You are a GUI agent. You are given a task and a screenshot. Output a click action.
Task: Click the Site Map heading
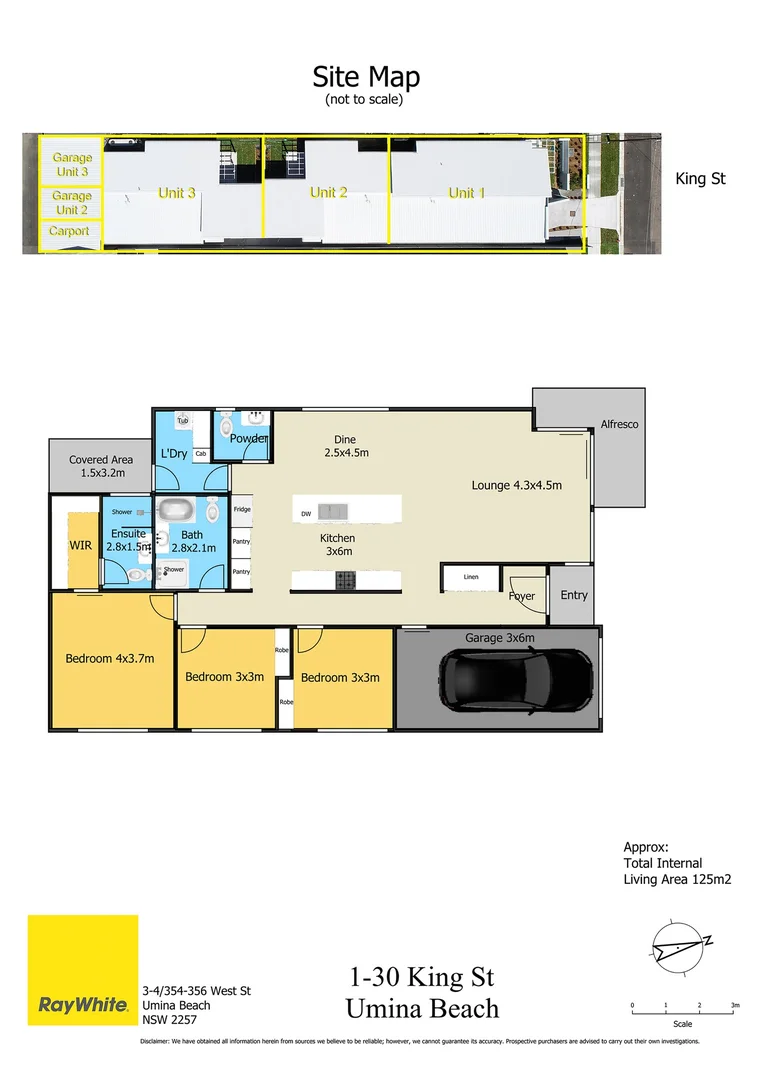pos(366,77)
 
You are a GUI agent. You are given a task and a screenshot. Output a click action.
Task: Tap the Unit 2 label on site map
pos(329,192)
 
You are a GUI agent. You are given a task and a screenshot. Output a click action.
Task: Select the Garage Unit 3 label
pos(72,165)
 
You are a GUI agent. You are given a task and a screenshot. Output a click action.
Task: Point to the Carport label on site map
pos(69,231)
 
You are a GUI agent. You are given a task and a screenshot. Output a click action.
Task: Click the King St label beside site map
pos(700,179)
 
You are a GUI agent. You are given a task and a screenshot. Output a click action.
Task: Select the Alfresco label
pos(619,425)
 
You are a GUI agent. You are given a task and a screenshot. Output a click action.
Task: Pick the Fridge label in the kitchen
pos(242,510)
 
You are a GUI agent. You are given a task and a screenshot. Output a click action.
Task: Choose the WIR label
pos(81,546)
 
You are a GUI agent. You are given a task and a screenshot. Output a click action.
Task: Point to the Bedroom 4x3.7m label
pos(110,658)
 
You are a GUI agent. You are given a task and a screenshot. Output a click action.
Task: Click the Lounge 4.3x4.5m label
pos(517,486)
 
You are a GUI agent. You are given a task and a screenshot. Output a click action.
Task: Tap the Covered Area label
pos(101,466)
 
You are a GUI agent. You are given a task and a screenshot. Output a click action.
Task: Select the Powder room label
pos(248,439)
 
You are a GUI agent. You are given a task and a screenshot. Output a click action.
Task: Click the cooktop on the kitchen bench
pos(345,579)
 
